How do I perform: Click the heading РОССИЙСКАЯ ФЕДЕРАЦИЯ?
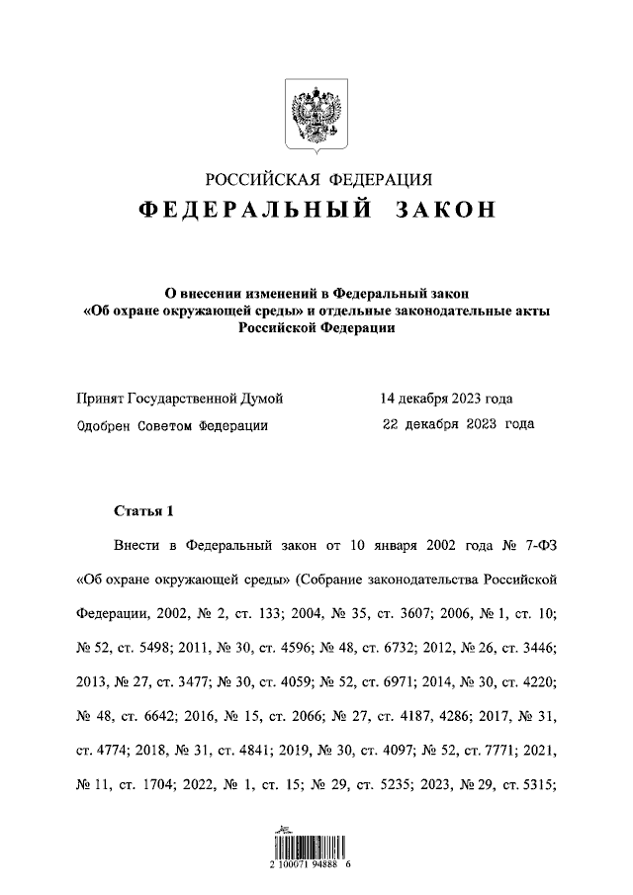click(x=318, y=179)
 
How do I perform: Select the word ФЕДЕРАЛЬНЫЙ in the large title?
click(x=255, y=211)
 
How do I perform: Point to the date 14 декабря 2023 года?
click(x=446, y=399)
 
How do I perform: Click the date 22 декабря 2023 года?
click(x=458, y=424)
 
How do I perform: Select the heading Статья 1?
click(x=143, y=511)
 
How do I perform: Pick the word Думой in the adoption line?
click(x=260, y=399)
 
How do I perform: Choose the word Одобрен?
click(x=104, y=425)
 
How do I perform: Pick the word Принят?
click(x=101, y=399)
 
